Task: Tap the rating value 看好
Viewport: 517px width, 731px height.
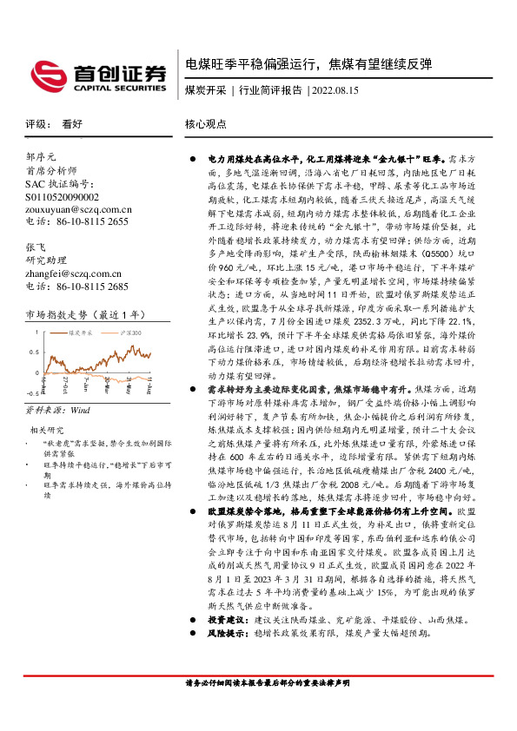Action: click(x=73, y=124)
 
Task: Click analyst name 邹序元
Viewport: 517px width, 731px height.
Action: click(x=41, y=157)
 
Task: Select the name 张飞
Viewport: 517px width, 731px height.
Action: click(x=35, y=247)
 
